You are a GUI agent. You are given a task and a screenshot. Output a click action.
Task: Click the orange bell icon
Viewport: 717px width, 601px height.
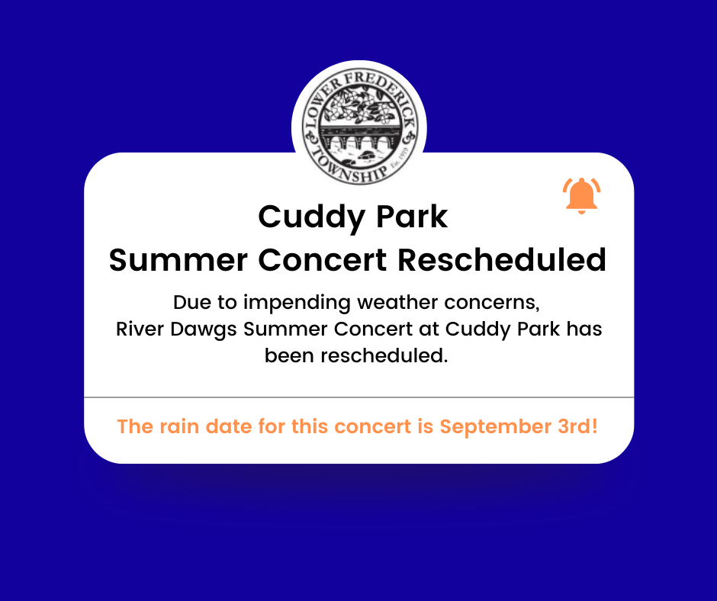581,195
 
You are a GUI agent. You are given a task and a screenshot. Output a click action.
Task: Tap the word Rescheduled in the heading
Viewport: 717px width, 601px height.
502,260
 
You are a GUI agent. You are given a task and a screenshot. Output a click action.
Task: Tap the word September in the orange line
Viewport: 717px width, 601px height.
496,427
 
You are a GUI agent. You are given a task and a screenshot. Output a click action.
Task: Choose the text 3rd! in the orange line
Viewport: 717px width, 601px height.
577,426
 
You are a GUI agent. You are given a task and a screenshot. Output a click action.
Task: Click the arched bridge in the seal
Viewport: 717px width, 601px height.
359,138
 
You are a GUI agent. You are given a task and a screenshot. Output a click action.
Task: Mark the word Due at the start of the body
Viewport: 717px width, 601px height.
192,302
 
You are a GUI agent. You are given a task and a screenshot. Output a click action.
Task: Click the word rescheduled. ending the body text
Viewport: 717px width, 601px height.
356,356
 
